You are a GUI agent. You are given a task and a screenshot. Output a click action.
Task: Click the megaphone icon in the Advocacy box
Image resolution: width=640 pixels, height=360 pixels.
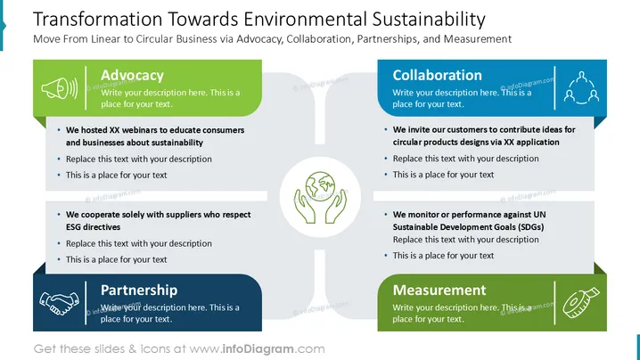point(60,87)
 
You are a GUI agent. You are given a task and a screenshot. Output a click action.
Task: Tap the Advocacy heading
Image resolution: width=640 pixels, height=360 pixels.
point(132,75)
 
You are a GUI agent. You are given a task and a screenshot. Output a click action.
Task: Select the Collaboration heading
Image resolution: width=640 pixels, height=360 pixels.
point(437,75)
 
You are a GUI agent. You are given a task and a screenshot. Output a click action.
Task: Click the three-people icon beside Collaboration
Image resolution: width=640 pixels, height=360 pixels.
point(581,87)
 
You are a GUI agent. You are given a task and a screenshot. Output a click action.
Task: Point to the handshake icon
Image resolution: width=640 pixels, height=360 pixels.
point(60,303)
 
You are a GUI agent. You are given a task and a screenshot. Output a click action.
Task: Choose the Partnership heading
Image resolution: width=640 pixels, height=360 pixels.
point(139,290)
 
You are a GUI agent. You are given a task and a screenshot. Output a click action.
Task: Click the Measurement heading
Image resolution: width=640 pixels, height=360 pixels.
point(439,290)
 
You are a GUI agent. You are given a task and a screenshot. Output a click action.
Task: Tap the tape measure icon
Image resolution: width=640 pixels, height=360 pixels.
point(581,302)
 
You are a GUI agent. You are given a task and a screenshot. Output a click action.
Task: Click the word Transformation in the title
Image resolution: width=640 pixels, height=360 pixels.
point(97,20)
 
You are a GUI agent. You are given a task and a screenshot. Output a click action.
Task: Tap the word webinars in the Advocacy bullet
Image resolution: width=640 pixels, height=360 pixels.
point(139,130)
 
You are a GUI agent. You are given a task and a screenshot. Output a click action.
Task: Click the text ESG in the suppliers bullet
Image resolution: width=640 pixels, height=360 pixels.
point(73,227)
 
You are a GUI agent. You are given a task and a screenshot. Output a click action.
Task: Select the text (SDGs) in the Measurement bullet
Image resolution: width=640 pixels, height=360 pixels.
point(530,227)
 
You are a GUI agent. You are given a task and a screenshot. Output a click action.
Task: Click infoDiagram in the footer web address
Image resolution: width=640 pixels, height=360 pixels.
point(258,349)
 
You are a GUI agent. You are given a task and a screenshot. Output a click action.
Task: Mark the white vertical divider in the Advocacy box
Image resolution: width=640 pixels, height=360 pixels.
point(86,87)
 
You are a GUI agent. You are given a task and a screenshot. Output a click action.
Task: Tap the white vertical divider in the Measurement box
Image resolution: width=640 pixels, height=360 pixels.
point(554,302)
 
